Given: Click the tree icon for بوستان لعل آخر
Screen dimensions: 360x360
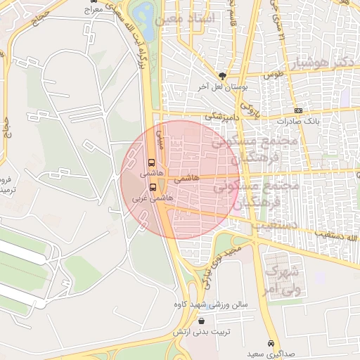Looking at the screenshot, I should point(224,75).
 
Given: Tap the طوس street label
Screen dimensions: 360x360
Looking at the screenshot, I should point(272,73).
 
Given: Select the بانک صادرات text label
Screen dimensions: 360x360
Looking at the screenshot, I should point(298,120).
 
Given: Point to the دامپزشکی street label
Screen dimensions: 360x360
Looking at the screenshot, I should point(223,113).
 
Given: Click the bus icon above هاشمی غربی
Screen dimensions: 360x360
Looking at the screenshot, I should point(153,187).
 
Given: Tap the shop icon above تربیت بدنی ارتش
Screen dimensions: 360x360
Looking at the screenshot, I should point(202,321).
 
